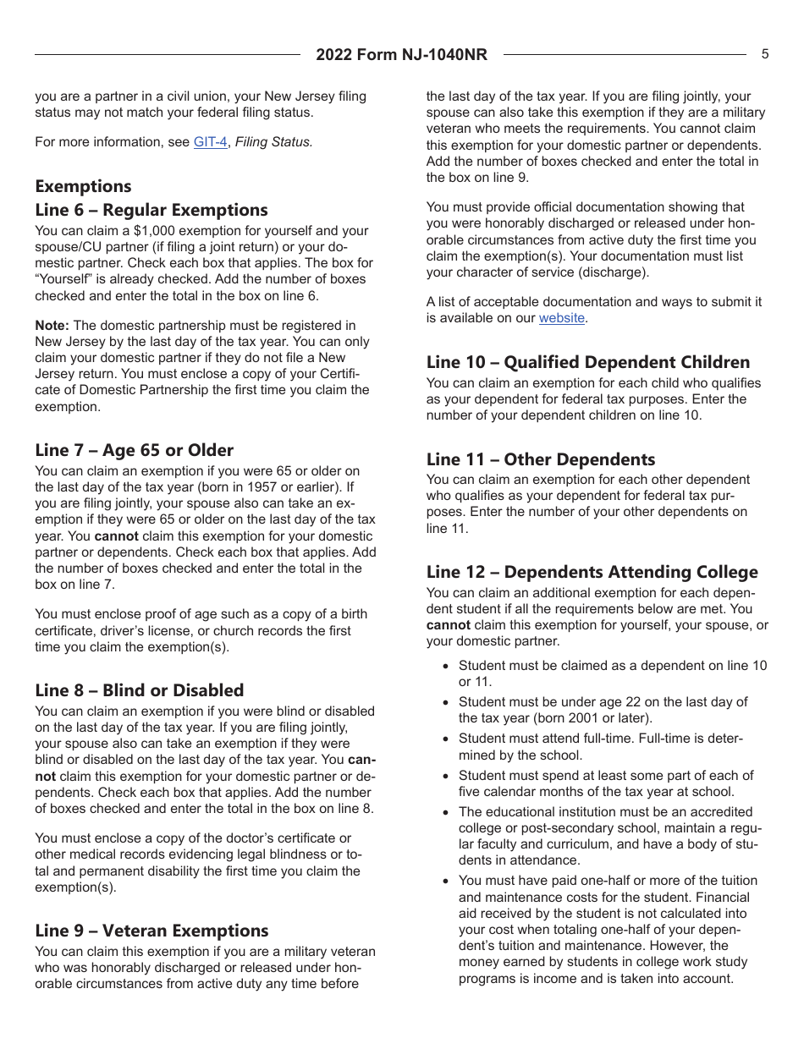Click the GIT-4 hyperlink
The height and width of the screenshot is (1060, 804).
(210, 142)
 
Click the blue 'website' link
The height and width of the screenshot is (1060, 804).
(562, 318)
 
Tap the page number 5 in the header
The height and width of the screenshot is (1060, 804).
(765, 54)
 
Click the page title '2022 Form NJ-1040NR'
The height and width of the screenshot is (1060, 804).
(402, 55)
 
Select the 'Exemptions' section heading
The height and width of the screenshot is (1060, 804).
(83, 186)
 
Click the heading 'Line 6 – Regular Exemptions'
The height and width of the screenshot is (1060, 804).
(151, 210)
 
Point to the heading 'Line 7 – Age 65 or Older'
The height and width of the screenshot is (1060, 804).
(134, 450)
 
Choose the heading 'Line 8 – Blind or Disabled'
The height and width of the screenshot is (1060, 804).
(140, 690)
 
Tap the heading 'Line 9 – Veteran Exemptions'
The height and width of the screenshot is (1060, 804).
(151, 931)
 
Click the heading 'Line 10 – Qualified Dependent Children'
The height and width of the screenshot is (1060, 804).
(588, 362)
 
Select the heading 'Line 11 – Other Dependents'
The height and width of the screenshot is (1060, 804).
(541, 459)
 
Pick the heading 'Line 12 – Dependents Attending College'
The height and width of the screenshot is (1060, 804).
(592, 572)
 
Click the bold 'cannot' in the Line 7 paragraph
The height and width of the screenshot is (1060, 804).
(118, 536)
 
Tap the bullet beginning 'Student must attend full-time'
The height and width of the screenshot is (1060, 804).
(601, 739)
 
